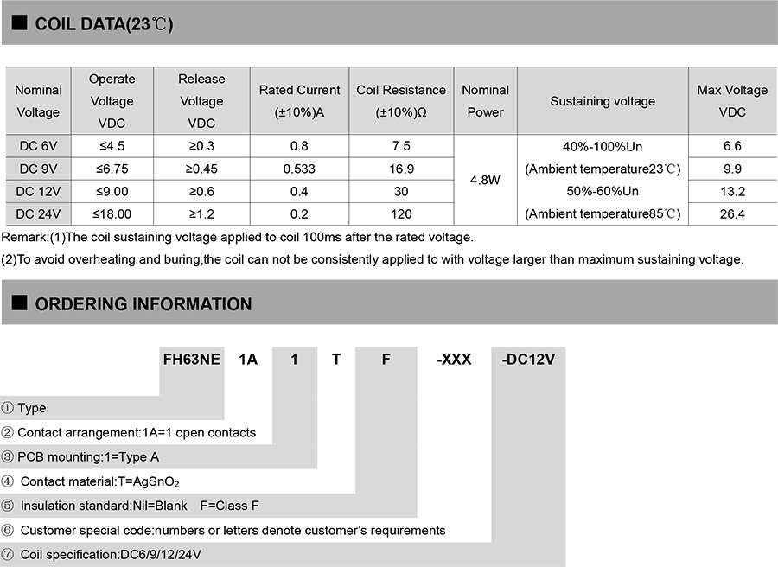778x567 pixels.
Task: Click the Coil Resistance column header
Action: [x=401, y=101]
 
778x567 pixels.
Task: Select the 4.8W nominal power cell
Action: [x=485, y=181]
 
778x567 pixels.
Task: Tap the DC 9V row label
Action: [x=38, y=169]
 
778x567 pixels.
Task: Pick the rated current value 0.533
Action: [x=299, y=169]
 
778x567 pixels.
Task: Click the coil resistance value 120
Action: [x=401, y=213]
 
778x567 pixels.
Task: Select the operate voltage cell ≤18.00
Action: [x=112, y=213]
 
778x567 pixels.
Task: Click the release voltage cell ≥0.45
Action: [x=201, y=169]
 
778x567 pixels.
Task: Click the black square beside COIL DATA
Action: [x=18, y=23]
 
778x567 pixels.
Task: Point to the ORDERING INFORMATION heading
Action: [x=143, y=304]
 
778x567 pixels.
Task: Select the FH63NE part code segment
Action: [x=192, y=359]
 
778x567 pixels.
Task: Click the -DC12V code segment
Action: [x=527, y=359]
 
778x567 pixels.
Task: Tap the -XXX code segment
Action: [x=454, y=359]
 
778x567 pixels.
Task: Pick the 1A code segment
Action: [x=248, y=359]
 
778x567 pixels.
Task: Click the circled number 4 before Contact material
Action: [x=8, y=481]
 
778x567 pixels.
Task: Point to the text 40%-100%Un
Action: [x=603, y=146]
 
